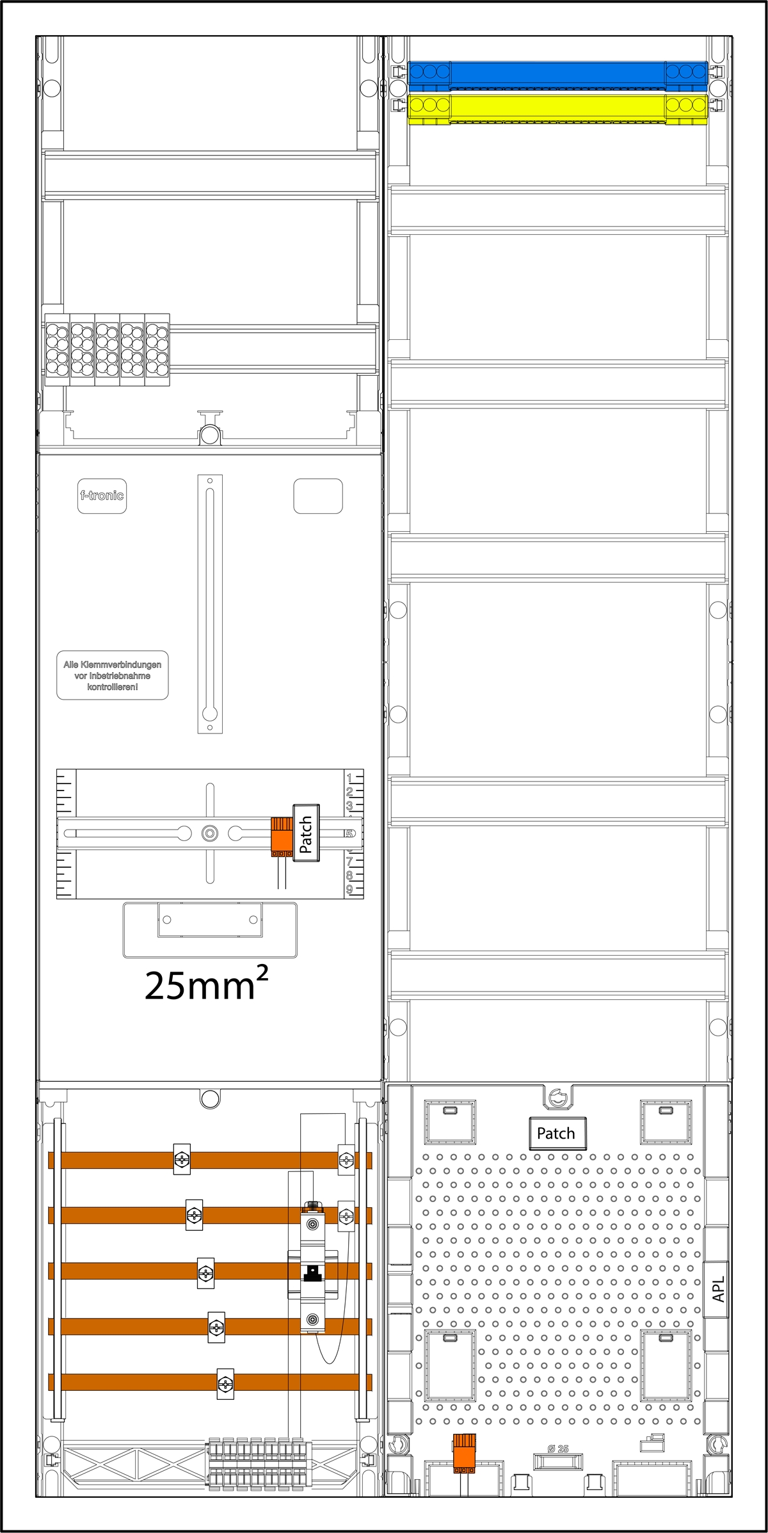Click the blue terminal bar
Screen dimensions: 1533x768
click(x=557, y=75)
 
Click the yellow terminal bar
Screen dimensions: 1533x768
click(x=557, y=108)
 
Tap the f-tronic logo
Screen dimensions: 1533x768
click(x=102, y=495)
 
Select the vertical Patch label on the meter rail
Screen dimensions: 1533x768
click(x=306, y=833)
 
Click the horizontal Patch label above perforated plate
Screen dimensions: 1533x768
click(x=556, y=1134)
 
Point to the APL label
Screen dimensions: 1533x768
click(x=718, y=1289)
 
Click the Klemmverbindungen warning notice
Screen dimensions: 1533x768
click(x=113, y=675)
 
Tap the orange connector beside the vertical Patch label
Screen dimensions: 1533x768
click(x=282, y=836)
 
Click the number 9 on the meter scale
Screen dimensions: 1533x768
click(x=349, y=889)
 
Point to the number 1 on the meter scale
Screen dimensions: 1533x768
click(x=349, y=778)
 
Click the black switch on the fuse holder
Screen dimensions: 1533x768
click(x=312, y=1274)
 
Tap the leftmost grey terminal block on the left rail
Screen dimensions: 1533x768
click(x=57, y=350)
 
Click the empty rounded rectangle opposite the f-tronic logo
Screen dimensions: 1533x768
click(x=318, y=495)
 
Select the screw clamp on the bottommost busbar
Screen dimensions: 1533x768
click(x=225, y=1385)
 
